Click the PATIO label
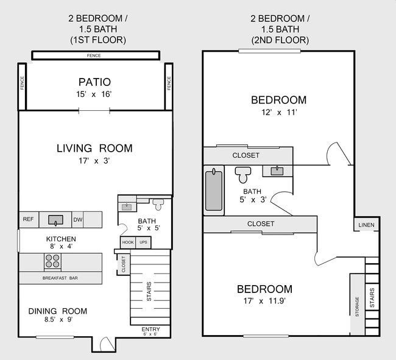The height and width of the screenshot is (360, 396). click(x=94, y=82)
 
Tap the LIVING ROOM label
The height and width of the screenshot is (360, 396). click(x=94, y=148)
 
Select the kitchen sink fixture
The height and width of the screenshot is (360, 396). click(x=56, y=219)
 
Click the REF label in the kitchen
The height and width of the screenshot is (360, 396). click(x=28, y=219)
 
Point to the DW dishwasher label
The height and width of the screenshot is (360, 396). click(x=78, y=220)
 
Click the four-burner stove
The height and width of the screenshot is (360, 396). click(x=52, y=261)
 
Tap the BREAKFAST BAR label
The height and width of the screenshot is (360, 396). click(x=59, y=278)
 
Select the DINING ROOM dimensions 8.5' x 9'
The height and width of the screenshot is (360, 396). click(x=58, y=320)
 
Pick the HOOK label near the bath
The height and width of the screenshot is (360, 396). click(x=127, y=242)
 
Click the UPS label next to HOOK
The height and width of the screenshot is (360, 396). click(x=143, y=242)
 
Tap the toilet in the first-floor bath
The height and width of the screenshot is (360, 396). click(x=158, y=203)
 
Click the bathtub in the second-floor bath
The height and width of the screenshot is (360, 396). click(x=214, y=191)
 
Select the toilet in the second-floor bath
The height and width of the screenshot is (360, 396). click(x=243, y=174)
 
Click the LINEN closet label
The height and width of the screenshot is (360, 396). click(x=366, y=225)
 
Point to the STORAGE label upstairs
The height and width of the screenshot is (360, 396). click(x=357, y=306)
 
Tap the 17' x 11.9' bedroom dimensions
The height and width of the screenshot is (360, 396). click(x=264, y=301)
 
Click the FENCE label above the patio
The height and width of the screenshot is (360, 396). click(x=94, y=56)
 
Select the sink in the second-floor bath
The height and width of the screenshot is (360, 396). click(x=278, y=171)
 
